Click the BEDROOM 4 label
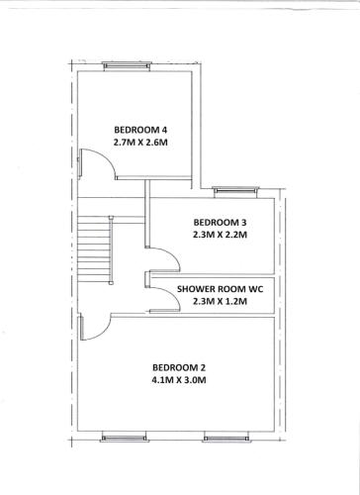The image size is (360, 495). coord(140,130)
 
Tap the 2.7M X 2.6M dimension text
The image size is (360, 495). coord(140,143)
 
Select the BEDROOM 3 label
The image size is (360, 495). coord(220,223)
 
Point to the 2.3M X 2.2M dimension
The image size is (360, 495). coord(220,235)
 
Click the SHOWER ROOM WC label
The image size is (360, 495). coord(221,289)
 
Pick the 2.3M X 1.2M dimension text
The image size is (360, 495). coord(220,301)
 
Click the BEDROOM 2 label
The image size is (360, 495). coord(179,367)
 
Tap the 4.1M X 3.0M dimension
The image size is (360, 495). coord(179,380)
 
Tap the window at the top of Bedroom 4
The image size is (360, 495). coord(127,66)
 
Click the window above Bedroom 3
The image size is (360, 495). coord(235,192)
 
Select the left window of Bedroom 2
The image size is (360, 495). coord(124,438)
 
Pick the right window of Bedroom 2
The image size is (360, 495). coord(226,438)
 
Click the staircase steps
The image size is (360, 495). coord(93,249)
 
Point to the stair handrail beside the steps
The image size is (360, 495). coord(111,249)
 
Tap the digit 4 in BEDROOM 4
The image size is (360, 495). coord(164,130)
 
